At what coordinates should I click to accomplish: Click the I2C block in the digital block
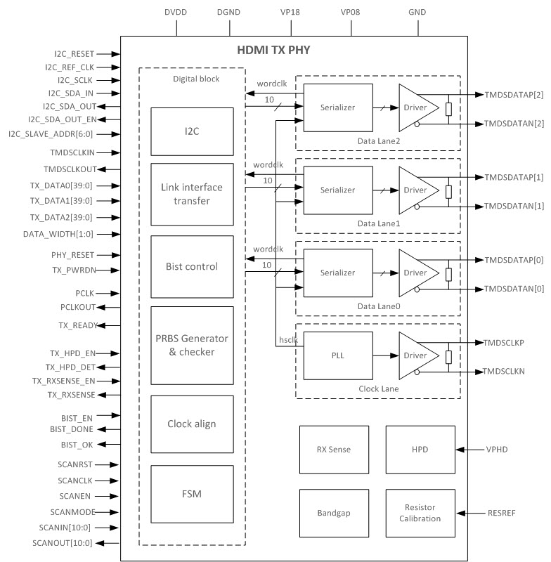point(192,131)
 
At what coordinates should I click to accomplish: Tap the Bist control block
point(192,266)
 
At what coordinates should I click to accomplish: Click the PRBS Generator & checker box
point(192,345)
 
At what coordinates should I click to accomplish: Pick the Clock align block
point(192,424)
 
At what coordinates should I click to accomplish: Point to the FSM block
point(192,494)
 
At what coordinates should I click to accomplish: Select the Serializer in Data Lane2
point(337,107)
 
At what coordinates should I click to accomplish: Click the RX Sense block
point(334,450)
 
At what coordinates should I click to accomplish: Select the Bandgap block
point(334,514)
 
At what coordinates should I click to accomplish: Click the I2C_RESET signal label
point(74,53)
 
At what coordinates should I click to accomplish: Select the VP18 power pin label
point(291,11)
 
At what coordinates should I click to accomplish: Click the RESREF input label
point(500,514)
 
